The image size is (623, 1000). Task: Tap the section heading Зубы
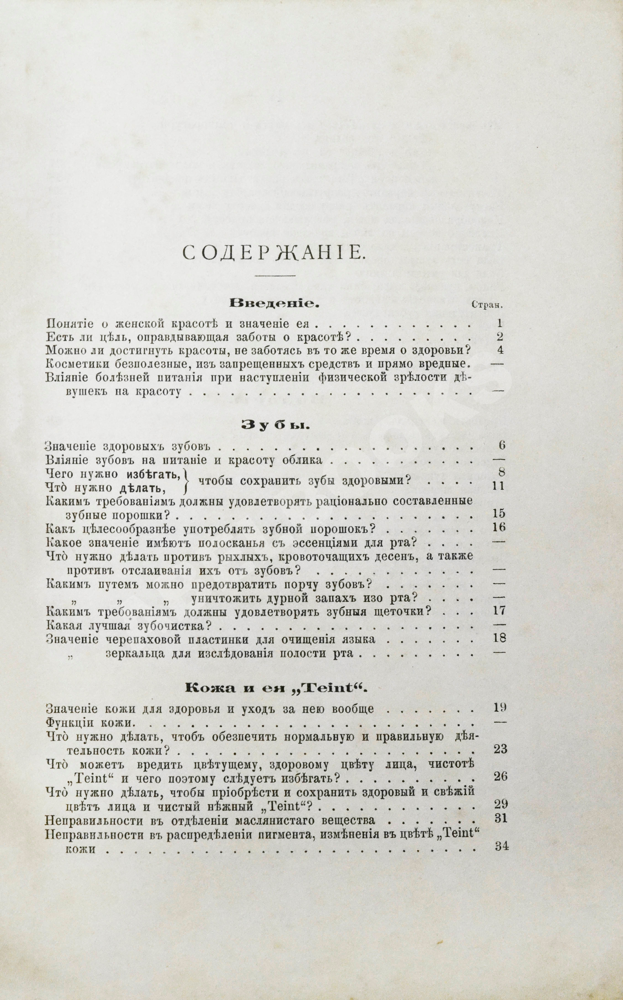pyautogui.click(x=275, y=425)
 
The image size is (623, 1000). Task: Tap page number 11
pyautogui.click(x=499, y=486)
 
